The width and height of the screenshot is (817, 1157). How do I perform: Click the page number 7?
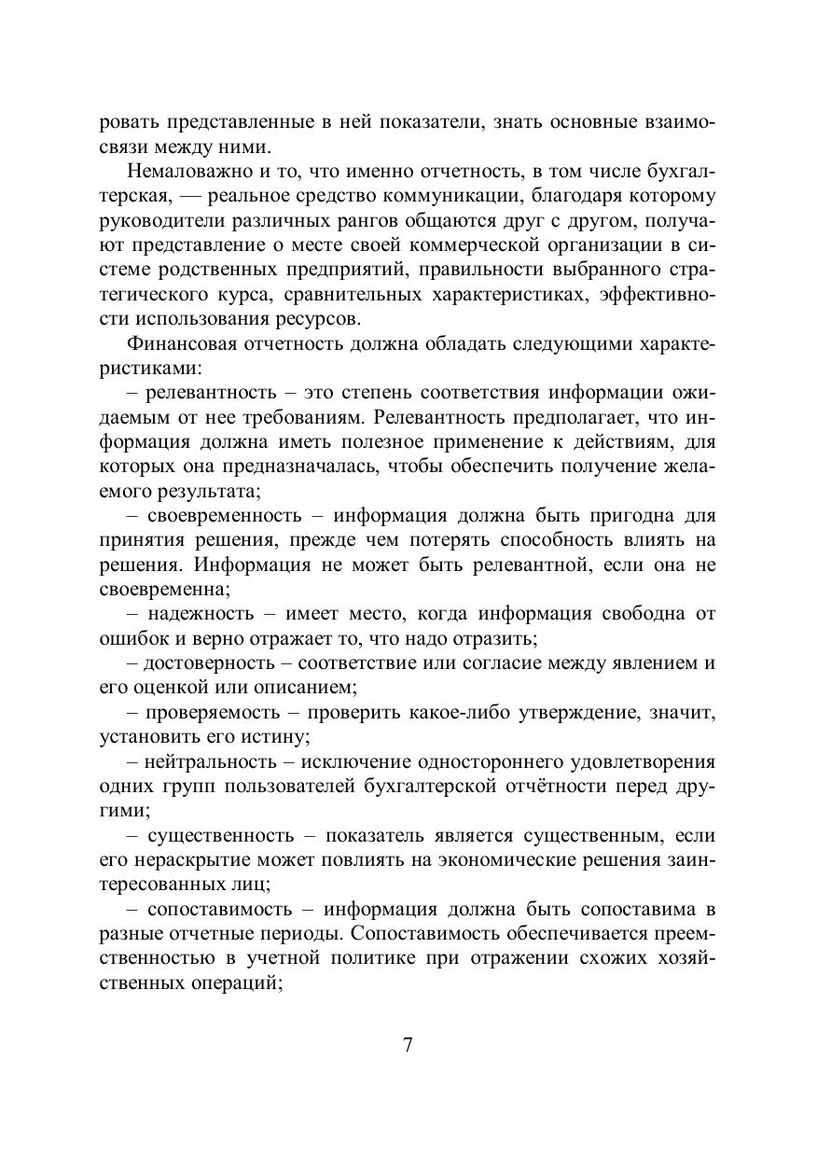(408, 1044)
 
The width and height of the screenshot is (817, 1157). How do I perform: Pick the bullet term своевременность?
(222, 515)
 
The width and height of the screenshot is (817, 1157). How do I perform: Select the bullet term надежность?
(200, 613)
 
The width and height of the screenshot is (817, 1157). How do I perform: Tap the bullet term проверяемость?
(213, 712)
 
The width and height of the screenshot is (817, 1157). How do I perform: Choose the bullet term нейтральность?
(211, 761)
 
